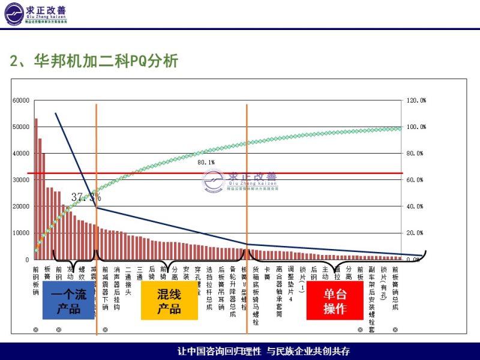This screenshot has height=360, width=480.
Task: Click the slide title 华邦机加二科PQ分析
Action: click(94, 62)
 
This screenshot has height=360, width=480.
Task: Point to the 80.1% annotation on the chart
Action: click(206, 162)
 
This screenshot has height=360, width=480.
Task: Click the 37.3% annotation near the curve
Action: click(86, 197)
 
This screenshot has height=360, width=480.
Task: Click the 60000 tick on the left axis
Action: click(20, 101)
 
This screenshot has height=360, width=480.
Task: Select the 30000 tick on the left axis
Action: click(20, 180)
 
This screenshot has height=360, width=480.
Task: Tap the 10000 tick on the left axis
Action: click(20, 233)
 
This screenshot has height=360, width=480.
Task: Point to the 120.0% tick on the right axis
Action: click(416, 101)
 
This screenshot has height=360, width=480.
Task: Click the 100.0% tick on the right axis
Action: click(416, 127)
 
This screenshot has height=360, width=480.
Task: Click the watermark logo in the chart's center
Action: click(240, 180)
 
